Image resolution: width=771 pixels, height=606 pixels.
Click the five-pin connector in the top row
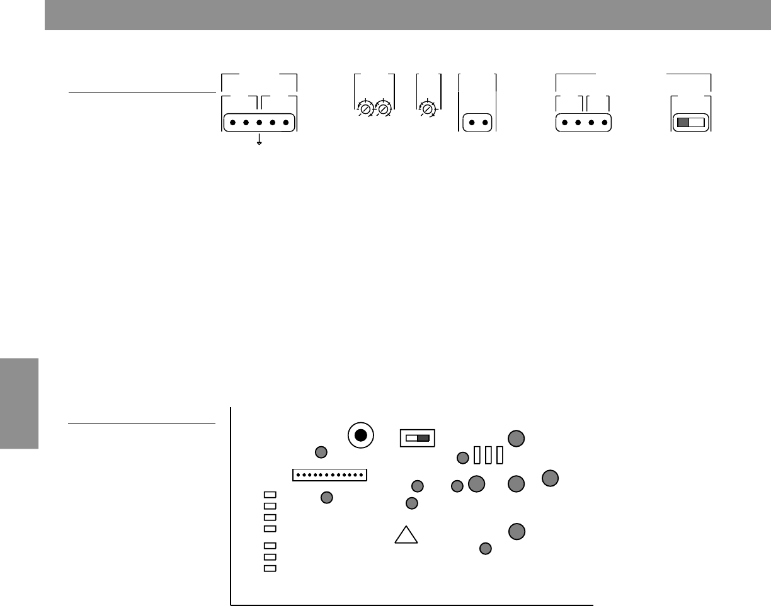pyautogui.click(x=259, y=122)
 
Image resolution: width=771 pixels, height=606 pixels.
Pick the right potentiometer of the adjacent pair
pyautogui.click(x=382, y=108)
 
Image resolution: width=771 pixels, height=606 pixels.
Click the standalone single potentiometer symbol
pyautogui.click(x=428, y=108)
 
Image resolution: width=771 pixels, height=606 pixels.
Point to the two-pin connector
pyautogui.click(x=477, y=122)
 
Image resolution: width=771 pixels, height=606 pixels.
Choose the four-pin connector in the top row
pyautogui.click(x=584, y=122)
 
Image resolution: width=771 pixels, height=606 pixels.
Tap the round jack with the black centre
pyautogui.click(x=360, y=435)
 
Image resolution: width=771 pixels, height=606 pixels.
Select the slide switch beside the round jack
pyautogui.click(x=418, y=437)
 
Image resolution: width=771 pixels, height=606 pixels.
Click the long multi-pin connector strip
pyautogui.click(x=329, y=474)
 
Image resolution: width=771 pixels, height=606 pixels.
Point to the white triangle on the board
pyautogui.click(x=406, y=535)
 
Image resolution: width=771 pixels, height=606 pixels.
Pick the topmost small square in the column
pyautogui.click(x=270, y=495)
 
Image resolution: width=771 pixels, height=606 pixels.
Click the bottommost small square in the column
pyautogui.click(x=270, y=569)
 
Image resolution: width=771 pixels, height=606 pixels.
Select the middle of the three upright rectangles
pyautogui.click(x=488, y=454)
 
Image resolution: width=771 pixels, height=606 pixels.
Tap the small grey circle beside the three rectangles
pyautogui.click(x=463, y=457)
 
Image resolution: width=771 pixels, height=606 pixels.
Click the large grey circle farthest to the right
pyautogui.click(x=550, y=478)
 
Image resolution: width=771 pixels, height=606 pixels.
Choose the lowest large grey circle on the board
pyautogui.click(x=517, y=532)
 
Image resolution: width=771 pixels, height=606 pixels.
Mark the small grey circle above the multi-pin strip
pyautogui.click(x=321, y=452)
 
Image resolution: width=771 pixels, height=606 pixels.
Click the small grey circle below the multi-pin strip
pyautogui.click(x=326, y=498)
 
